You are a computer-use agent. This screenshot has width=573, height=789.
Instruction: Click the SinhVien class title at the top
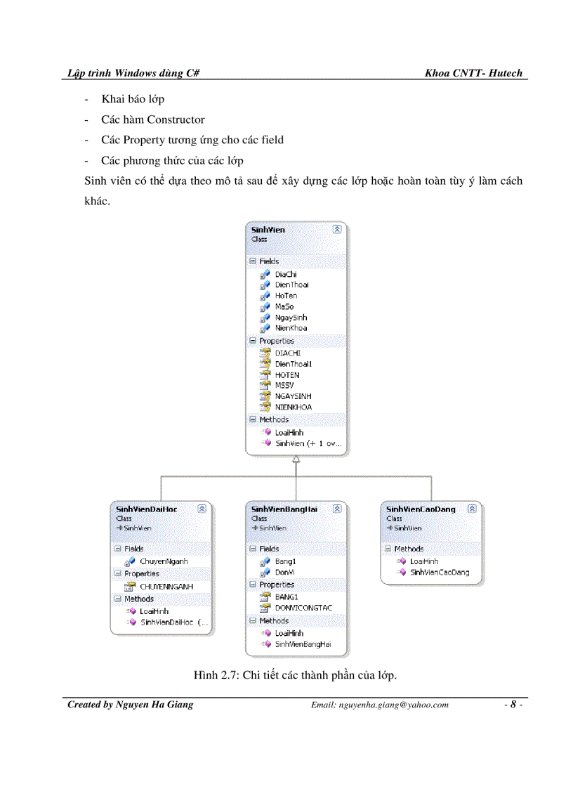click(268, 230)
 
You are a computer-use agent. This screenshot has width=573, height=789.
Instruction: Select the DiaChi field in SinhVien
click(286, 274)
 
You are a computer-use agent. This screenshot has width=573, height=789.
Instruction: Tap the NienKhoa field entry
click(291, 328)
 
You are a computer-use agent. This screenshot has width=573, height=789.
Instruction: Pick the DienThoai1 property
click(293, 364)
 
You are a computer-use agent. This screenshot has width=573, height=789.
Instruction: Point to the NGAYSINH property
click(293, 396)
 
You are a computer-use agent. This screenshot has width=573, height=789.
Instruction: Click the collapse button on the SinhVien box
click(337, 229)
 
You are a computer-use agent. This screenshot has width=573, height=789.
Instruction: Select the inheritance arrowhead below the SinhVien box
click(296, 459)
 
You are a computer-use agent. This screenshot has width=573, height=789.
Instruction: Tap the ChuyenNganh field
click(164, 561)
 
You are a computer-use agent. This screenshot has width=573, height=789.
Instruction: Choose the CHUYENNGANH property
click(166, 586)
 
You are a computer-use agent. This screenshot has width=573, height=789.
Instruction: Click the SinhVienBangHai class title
click(284, 509)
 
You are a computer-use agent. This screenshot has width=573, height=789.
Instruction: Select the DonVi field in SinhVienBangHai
click(284, 572)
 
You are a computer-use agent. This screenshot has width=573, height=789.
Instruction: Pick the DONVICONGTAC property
click(303, 608)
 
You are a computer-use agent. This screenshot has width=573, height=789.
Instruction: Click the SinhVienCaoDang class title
click(421, 509)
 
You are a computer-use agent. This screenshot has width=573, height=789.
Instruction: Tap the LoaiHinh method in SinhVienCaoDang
click(424, 561)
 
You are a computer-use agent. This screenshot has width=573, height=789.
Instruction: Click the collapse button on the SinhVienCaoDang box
click(472, 508)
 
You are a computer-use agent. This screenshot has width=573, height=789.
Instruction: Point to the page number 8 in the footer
click(513, 705)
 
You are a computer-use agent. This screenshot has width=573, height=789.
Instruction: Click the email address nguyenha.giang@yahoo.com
click(379, 705)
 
